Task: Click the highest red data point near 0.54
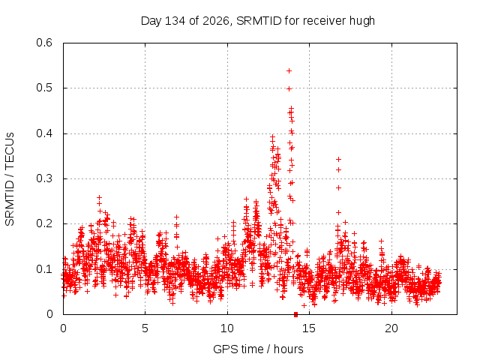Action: click(289, 71)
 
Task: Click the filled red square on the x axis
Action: click(295, 314)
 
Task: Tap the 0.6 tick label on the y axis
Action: click(44, 43)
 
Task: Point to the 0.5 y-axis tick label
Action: click(44, 88)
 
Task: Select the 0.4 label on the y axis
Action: click(44, 133)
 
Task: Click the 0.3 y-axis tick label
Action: click(44, 178)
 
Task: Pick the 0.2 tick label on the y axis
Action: click(44, 223)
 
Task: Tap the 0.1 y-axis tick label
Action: click(44, 269)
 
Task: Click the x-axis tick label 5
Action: click(145, 328)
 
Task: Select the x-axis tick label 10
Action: click(227, 328)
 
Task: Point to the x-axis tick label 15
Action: click(309, 328)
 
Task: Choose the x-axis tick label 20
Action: click(391, 328)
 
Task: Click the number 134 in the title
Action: click(175, 21)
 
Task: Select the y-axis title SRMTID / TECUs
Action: click(10, 179)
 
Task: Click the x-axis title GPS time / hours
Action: click(258, 349)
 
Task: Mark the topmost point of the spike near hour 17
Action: click(338, 159)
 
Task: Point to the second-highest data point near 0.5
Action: click(289, 89)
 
